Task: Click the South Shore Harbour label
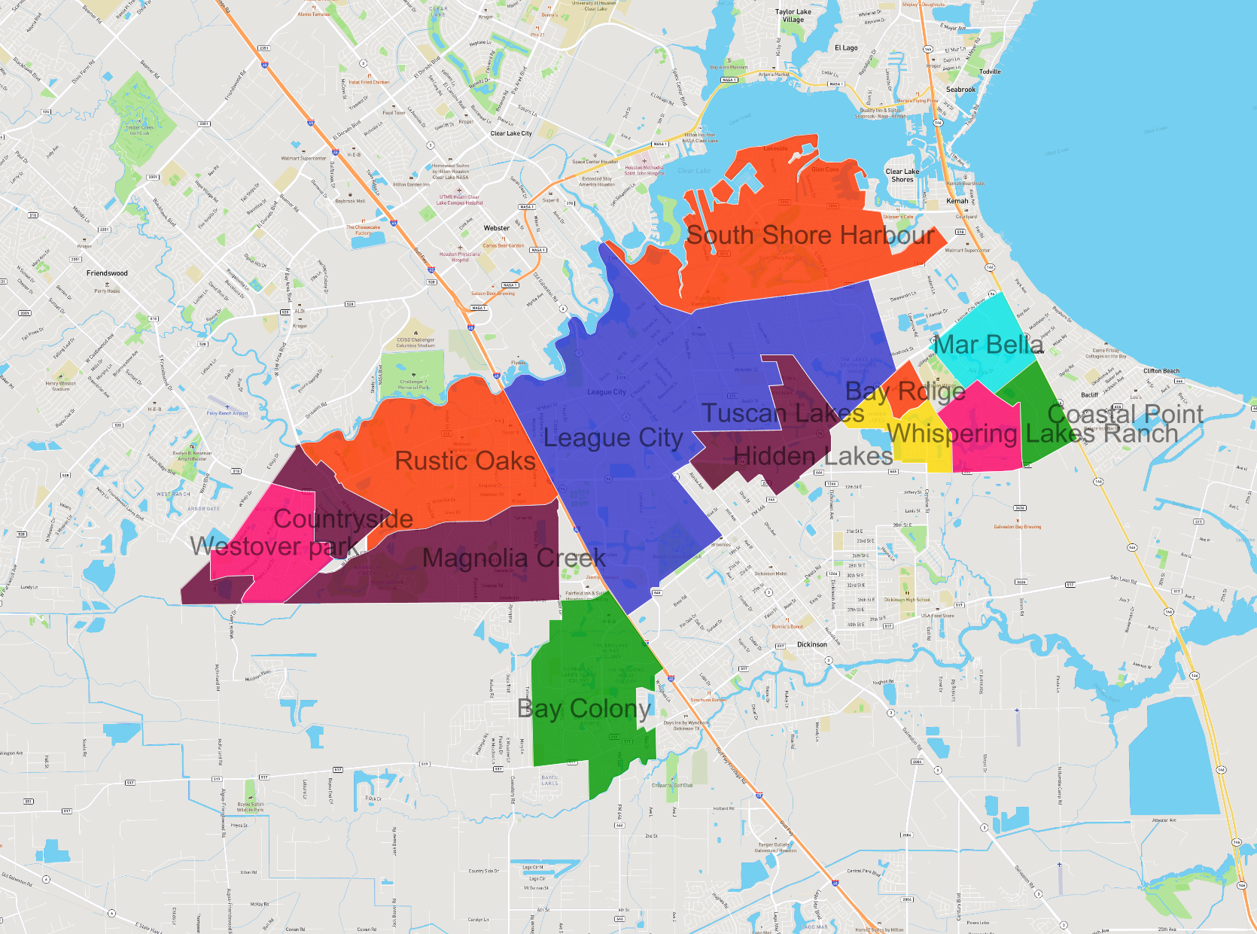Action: click(x=811, y=236)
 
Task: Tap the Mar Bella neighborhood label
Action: click(x=988, y=345)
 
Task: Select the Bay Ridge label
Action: click(x=905, y=391)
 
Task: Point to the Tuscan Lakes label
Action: click(x=783, y=413)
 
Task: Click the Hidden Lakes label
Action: click(x=813, y=456)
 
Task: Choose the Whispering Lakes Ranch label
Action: click(x=1032, y=434)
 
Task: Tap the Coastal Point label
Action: click(x=1125, y=414)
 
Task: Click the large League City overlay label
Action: click(x=613, y=438)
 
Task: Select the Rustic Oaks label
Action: click(x=465, y=461)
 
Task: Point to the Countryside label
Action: click(x=343, y=519)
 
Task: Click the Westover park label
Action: click(x=274, y=546)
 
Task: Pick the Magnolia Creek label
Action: click(x=514, y=558)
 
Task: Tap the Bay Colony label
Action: click(x=584, y=709)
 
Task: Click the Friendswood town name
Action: click(x=107, y=273)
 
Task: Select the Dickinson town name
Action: click(x=812, y=644)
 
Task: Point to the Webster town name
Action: click(x=497, y=228)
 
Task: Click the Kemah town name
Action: click(x=957, y=201)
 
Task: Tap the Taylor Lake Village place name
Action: click(x=793, y=16)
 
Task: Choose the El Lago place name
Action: click(x=846, y=48)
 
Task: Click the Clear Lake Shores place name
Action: click(x=902, y=175)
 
